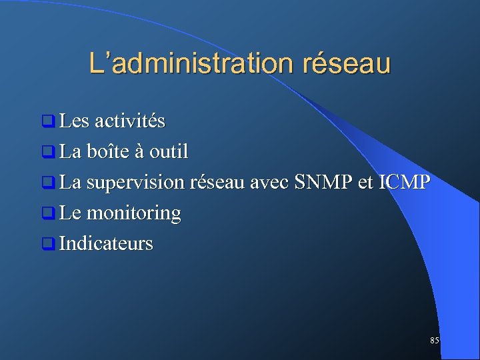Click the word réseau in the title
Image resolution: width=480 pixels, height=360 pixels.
(347, 63)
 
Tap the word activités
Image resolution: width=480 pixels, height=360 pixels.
(130, 121)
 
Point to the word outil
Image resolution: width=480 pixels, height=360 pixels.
(169, 152)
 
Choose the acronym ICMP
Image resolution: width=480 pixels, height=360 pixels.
(404, 182)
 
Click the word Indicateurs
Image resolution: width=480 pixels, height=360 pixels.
(106, 244)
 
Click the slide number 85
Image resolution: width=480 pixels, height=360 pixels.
(435, 341)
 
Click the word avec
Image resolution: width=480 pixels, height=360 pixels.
(268, 183)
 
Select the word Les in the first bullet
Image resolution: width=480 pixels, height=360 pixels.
(74, 121)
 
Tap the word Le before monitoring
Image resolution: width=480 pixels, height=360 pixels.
(71, 213)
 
